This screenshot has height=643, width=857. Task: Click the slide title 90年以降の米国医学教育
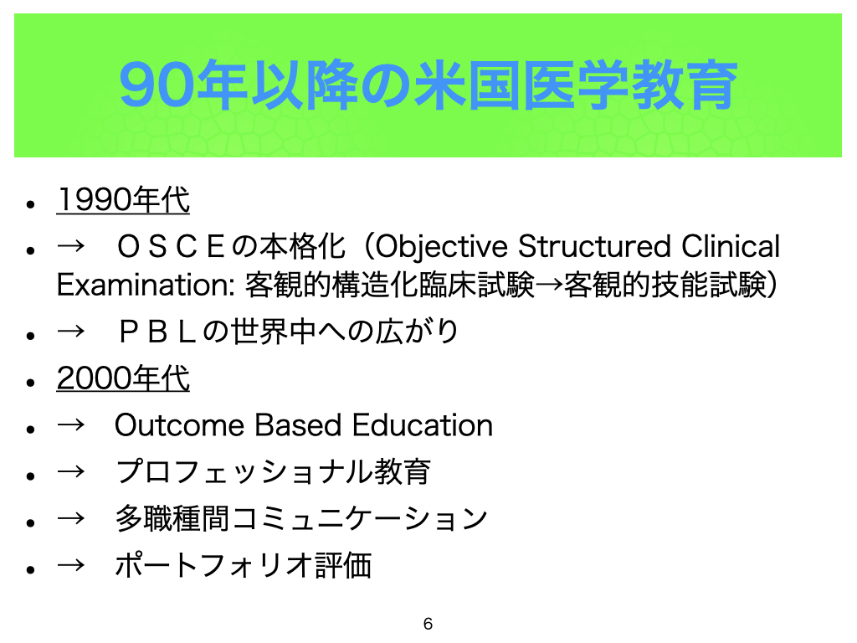(428, 85)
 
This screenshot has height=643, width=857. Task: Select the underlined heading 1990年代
(123, 199)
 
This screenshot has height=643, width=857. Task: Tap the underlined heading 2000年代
(123, 378)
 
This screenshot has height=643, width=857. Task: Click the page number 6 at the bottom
(428, 624)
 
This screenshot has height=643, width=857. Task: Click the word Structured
(595, 246)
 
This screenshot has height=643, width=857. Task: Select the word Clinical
(731, 246)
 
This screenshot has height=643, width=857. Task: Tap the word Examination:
(146, 285)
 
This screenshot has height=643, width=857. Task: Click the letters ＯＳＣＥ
(171, 247)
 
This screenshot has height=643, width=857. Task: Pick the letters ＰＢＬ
(157, 332)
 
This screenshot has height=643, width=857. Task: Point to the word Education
(423, 425)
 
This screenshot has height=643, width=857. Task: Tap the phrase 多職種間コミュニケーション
(301, 518)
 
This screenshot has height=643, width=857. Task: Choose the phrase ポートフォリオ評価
(244, 565)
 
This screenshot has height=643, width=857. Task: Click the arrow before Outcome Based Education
(71, 424)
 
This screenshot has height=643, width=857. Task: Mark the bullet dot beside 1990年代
(31, 204)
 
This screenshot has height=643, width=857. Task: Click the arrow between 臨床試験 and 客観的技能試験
(549, 285)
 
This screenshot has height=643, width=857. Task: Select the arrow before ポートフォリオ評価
(71, 565)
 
